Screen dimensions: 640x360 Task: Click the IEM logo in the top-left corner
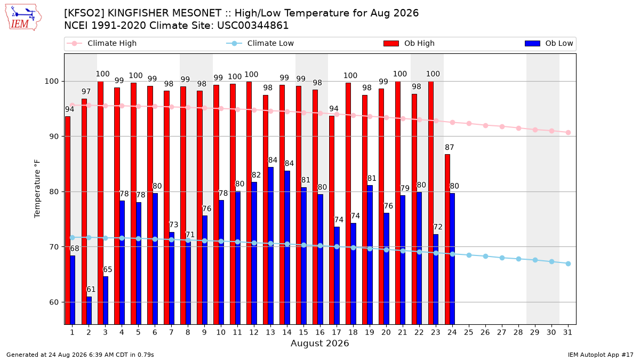pyautogui.click(x=23, y=18)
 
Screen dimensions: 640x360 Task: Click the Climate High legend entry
pyautogui.click(x=101, y=43)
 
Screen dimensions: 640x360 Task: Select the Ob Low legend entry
pyautogui.click(x=549, y=43)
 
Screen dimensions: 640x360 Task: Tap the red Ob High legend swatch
pyautogui.click(x=391, y=43)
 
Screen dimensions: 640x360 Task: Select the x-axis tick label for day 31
pyautogui.click(x=567, y=332)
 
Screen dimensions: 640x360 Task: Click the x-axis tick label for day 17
pyautogui.click(x=337, y=332)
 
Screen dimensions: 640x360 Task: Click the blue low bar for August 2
pyautogui.click(x=89, y=310)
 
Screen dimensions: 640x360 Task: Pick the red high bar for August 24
pyautogui.click(x=447, y=239)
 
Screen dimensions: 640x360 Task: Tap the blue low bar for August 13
pyautogui.click(x=270, y=246)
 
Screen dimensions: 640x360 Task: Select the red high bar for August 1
pyautogui.click(x=67, y=220)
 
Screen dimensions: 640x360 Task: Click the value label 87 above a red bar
pyautogui.click(x=450, y=147)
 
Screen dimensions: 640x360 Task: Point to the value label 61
pyautogui.click(x=91, y=290)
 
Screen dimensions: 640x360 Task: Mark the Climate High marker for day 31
pyautogui.click(x=568, y=133)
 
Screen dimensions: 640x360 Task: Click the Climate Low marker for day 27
pyautogui.click(x=502, y=258)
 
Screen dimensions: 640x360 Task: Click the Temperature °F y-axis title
pyautogui.click(x=37, y=189)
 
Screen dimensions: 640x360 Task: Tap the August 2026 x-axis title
pyautogui.click(x=319, y=343)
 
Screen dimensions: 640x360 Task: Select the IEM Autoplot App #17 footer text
pyautogui.click(x=601, y=355)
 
